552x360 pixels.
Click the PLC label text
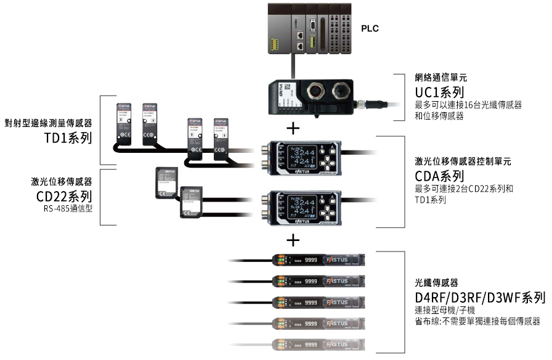370,28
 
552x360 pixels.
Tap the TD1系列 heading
68,138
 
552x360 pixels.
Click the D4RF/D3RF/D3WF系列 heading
480,298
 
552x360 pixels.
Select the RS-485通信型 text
68,209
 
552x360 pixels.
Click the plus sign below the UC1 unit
294,129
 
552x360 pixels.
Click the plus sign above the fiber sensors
294,239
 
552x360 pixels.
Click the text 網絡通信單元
441,78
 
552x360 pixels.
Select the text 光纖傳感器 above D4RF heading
437,284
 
